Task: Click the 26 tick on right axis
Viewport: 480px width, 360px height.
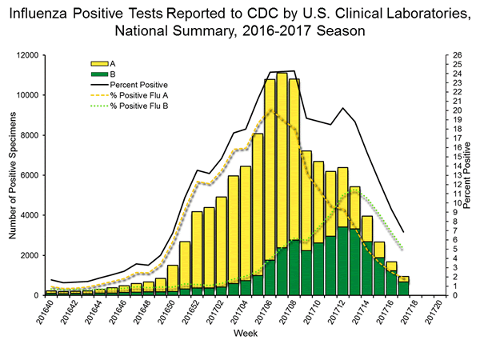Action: pyautogui.click(x=456, y=55)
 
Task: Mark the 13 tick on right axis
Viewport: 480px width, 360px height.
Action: pyautogui.click(x=456, y=175)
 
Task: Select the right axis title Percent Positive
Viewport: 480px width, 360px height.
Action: pyautogui.click(x=469, y=175)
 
